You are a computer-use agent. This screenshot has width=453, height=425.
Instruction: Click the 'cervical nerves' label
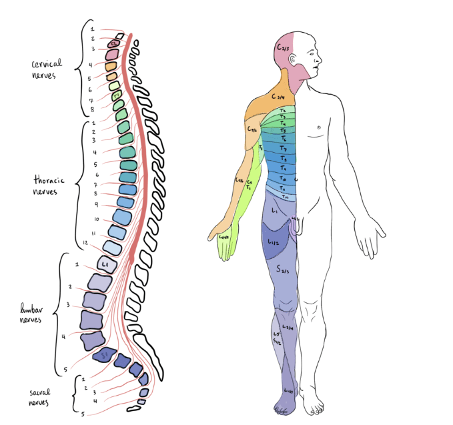click(47, 69)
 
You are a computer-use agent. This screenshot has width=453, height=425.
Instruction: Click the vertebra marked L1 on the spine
click(106, 265)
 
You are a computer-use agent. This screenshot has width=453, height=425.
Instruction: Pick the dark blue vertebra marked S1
click(104, 356)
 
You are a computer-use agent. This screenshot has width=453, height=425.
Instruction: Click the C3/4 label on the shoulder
click(279, 96)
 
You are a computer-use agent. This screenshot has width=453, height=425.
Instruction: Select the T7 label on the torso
click(284, 148)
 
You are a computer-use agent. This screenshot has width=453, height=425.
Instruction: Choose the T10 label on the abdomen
click(284, 179)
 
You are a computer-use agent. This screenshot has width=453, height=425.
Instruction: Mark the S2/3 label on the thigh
click(283, 270)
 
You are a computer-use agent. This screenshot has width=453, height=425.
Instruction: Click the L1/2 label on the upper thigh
click(274, 243)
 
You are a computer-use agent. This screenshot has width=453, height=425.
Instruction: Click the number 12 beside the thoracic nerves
click(85, 242)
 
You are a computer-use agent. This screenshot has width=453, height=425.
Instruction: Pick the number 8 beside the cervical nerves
click(91, 109)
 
